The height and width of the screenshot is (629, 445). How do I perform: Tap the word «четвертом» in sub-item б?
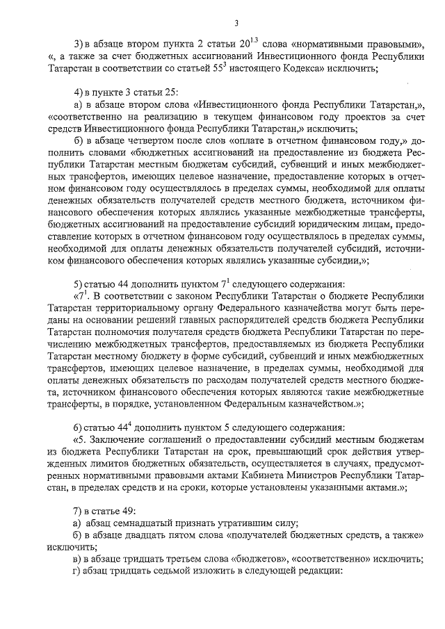tap(150, 141)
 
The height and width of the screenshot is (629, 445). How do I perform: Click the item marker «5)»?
tap(79, 285)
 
